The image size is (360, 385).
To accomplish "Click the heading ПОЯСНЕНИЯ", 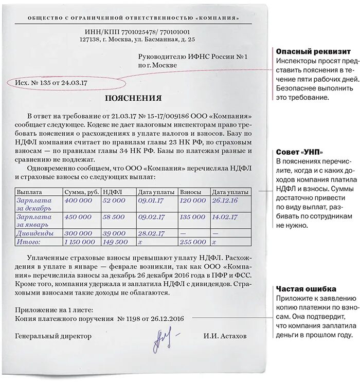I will [133, 98].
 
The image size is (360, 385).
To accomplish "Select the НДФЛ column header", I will [111, 192].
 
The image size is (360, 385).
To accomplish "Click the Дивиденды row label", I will [36, 233].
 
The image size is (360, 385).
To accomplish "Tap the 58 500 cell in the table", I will [114, 217].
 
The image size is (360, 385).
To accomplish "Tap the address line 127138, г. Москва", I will [137, 39].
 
